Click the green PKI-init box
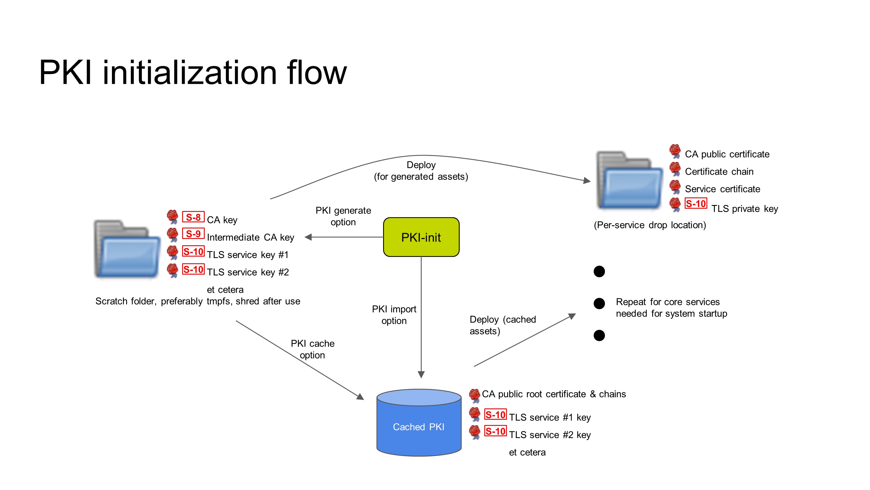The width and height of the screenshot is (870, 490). pyautogui.click(x=421, y=237)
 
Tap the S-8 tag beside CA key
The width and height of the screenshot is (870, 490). pyautogui.click(x=193, y=217)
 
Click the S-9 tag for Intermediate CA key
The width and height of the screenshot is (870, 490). pyautogui.click(x=193, y=234)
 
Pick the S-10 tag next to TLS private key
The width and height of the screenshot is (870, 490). pyautogui.click(x=695, y=203)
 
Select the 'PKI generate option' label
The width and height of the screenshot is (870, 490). pyautogui.click(x=343, y=216)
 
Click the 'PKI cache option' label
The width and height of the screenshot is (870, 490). pyautogui.click(x=312, y=349)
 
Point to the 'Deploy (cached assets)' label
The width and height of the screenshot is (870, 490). pyautogui.click(x=502, y=325)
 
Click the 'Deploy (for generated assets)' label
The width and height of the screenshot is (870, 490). pyautogui.click(x=421, y=171)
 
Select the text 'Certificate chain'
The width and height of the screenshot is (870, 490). pyautogui.click(x=719, y=172)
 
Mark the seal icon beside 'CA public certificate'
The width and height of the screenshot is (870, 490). pyautogui.click(x=675, y=151)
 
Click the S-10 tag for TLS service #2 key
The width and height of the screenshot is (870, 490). pyautogui.click(x=495, y=431)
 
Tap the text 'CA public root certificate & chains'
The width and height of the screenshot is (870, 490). pyautogui.click(x=554, y=394)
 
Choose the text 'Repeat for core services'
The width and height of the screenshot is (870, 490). pyautogui.click(x=667, y=302)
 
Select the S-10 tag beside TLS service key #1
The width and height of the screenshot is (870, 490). pyautogui.click(x=193, y=252)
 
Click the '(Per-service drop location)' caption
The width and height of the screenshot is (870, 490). pyautogui.click(x=650, y=225)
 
